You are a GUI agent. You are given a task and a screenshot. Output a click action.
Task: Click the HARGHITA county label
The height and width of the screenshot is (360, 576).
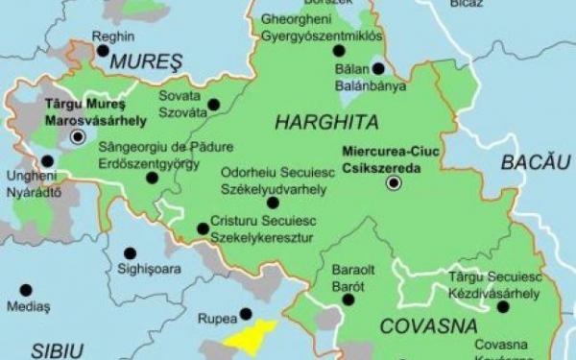[326, 123]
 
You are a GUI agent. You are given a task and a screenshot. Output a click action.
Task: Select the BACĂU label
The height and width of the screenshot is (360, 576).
[536, 162]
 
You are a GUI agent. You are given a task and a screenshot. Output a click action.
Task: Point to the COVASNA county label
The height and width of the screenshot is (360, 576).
[428, 326]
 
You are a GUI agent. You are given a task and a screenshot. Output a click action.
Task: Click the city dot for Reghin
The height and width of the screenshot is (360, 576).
[103, 51]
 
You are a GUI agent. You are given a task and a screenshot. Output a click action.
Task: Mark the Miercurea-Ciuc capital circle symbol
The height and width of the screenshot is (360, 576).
[393, 181]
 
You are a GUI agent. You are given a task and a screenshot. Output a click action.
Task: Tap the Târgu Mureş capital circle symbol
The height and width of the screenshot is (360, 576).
[78, 137]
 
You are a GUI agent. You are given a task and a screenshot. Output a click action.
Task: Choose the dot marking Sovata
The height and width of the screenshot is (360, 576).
[213, 105]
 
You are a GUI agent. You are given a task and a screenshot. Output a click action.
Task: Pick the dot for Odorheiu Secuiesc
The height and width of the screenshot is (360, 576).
[273, 203]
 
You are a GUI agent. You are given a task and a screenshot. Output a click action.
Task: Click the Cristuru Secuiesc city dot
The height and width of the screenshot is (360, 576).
[203, 228]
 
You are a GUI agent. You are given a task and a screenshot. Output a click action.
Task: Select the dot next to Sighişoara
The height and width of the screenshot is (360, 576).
[130, 253]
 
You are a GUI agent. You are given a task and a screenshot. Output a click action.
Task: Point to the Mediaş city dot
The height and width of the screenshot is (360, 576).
[26, 290]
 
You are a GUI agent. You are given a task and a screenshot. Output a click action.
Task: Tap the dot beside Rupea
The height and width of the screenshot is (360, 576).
[246, 314]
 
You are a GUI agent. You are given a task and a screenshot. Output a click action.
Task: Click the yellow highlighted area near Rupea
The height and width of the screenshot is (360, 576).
[252, 337]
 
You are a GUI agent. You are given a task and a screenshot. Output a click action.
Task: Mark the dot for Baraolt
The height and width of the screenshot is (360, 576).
[348, 300]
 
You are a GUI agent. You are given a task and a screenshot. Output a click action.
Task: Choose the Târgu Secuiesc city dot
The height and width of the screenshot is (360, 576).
[502, 307]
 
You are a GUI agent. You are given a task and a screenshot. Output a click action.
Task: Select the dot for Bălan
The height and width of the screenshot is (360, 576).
[378, 68]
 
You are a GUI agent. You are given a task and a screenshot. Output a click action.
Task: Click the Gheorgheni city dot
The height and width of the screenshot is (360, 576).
[338, 51]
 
